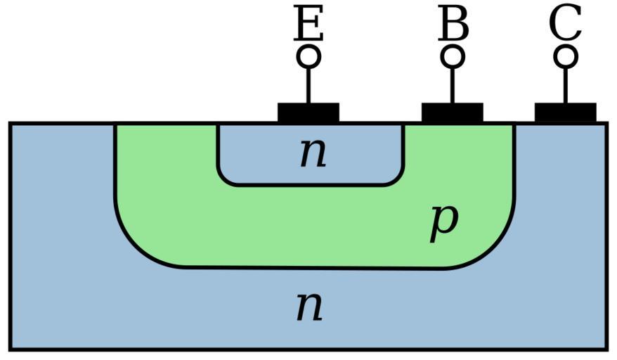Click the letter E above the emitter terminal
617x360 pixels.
coord(308,25)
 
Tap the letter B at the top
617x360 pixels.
coord(453,25)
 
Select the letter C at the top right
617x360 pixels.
coord(566,25)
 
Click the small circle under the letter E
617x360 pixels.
coord(308,56)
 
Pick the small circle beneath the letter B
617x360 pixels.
coord(453,56)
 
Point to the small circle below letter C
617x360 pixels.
coord(566,56)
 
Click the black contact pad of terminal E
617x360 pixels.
coord(308,112)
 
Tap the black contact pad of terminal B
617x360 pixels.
coord(453,112)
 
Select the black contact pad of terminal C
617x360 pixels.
coord(566,112)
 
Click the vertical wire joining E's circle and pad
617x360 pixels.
coord(308,84)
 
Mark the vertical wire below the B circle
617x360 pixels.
coord(453,84)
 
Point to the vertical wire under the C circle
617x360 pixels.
coord(566,84)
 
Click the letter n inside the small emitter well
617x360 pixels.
coord(313,153)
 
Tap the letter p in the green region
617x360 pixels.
coord(444,221)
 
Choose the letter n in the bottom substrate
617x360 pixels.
coord(309,306)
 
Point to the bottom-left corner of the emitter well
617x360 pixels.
coord(223,180)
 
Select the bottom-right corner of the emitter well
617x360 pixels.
coord(399,180)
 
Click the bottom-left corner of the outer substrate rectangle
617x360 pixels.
coord(11,348)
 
